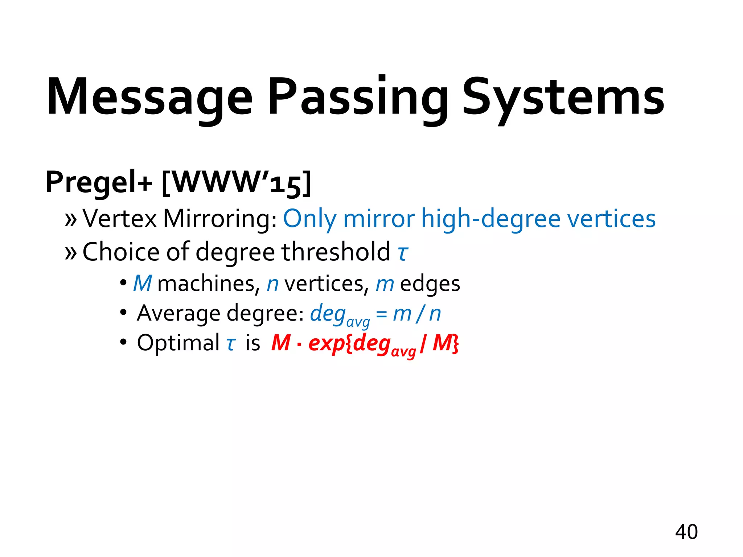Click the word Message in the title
[149, 97]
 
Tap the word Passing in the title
[357, 97]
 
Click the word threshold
[336, 252]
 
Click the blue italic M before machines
[142, 284]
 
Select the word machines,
[209, 284]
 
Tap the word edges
[430, 284]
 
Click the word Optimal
[178, 343]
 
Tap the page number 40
[686, 532]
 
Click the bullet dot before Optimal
[123, 342]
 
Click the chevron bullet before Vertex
[71, 219]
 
